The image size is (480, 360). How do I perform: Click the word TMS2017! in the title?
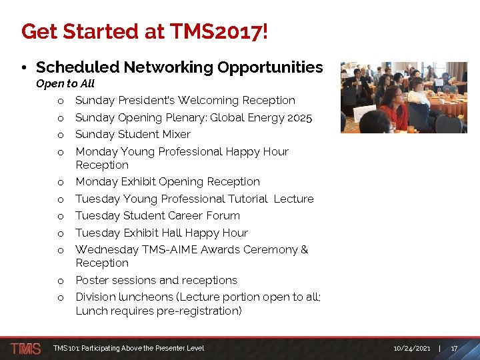click(x=219, y=31)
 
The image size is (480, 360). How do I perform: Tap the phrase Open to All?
click(x=65, y=83)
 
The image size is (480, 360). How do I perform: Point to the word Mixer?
click(x=175, y=134)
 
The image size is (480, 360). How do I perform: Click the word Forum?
click(x=223, y=215)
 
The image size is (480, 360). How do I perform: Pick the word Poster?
click(x=91, y=280)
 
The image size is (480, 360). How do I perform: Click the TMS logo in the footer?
click(x=25, y=348)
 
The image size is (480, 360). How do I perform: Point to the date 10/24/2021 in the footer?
click(x=411, y=348)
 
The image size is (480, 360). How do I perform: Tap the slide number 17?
click(x=454, y=348)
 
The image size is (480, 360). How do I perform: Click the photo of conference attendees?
click(x=403, y=97)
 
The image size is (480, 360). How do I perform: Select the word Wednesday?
click(x=107, y=249)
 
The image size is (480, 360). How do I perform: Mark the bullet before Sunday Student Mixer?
click(x=60, y=135)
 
